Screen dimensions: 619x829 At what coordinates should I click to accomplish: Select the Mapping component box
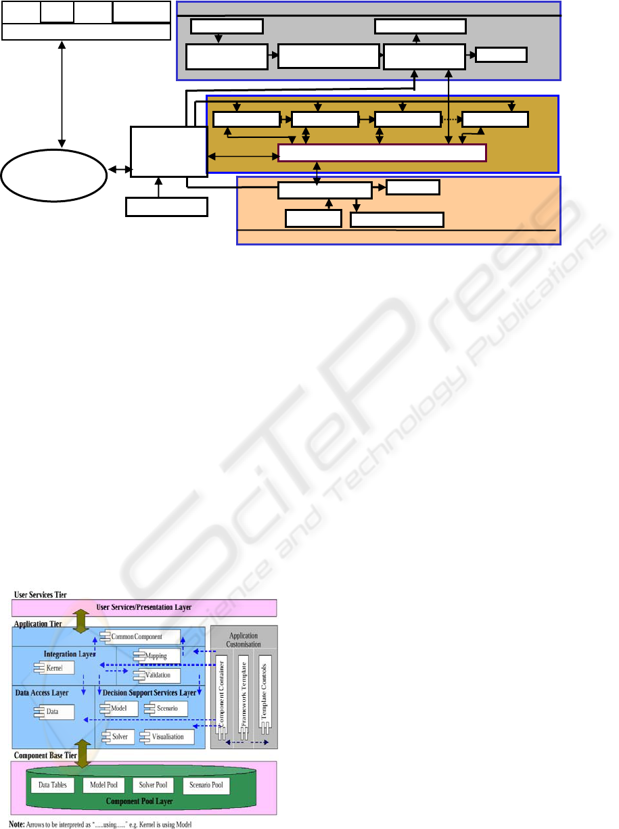click(x=157, y=656)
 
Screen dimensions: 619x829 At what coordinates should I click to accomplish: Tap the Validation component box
click(x=157, y=676)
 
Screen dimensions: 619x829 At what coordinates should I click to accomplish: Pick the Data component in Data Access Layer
click(x=52, y=712)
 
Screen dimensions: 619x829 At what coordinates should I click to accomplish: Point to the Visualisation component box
click(x=167, y=736)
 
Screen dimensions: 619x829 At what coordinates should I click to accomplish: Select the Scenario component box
click(x=165, y=709)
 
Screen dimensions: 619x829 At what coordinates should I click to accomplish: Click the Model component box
click(x=119, y=709)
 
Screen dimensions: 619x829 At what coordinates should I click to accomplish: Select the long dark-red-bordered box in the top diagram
click(x=382, y=153)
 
